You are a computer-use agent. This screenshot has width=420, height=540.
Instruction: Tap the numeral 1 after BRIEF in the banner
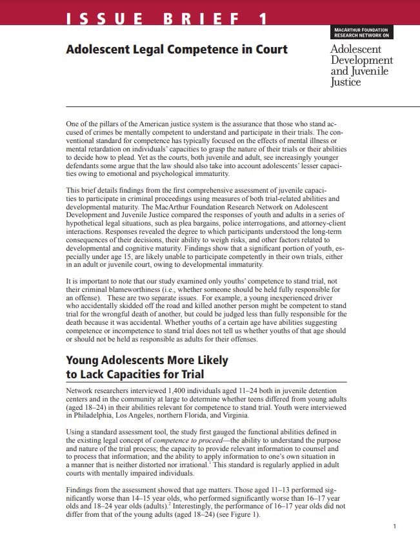(262, 19)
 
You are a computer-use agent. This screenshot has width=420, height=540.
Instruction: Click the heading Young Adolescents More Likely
(147, 361)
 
